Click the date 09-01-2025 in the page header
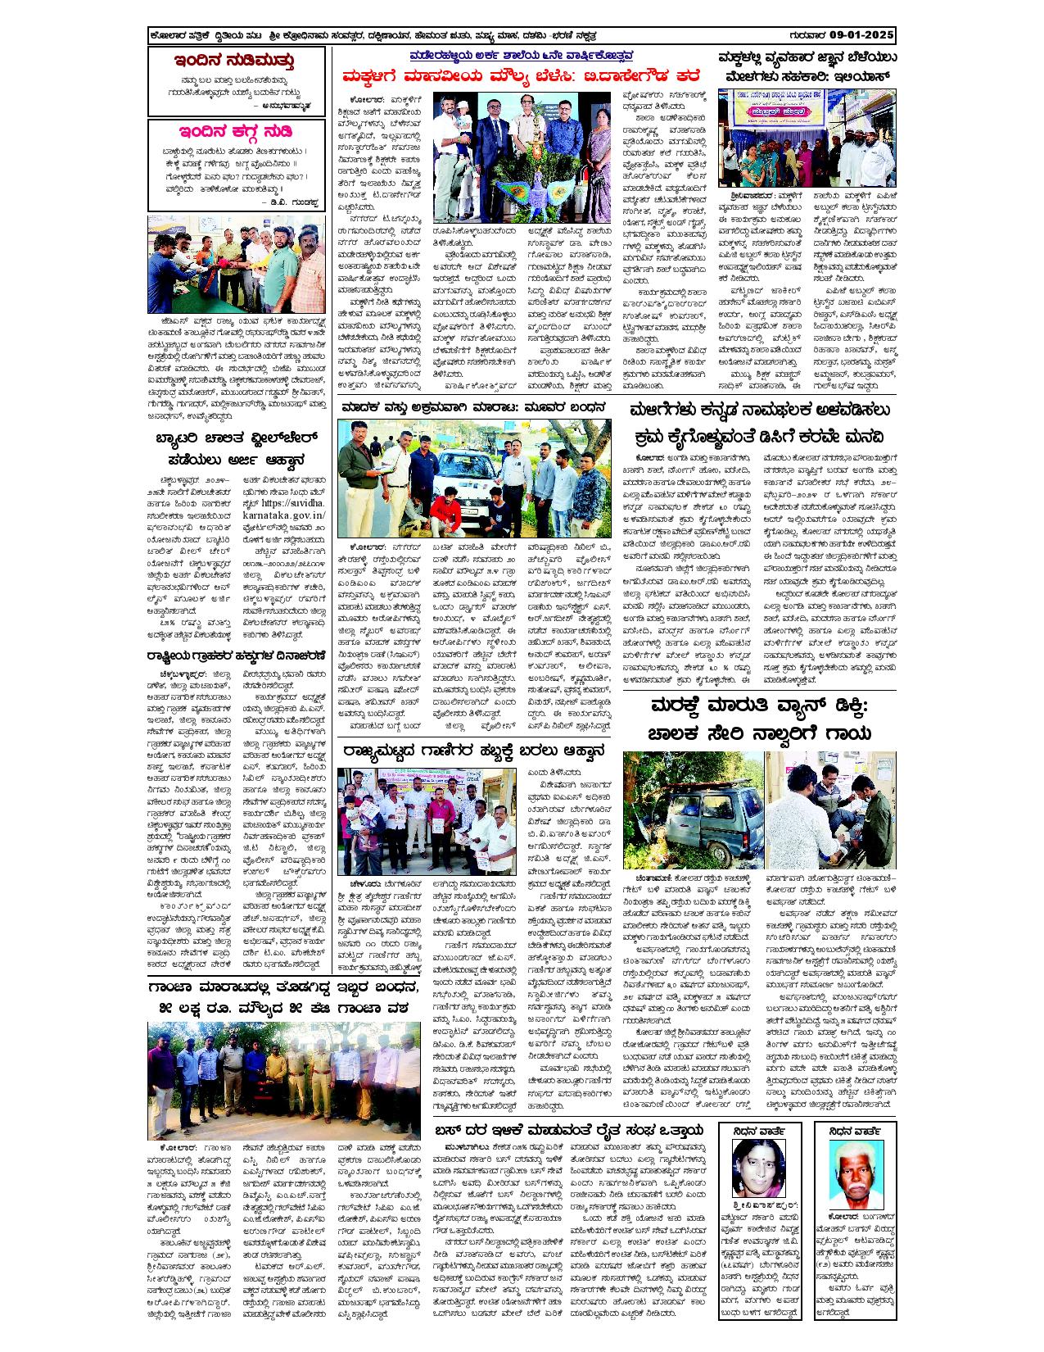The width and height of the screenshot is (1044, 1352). coord(861,37)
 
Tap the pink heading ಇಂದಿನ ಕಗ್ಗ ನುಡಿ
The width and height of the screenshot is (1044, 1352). coord(234,132)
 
